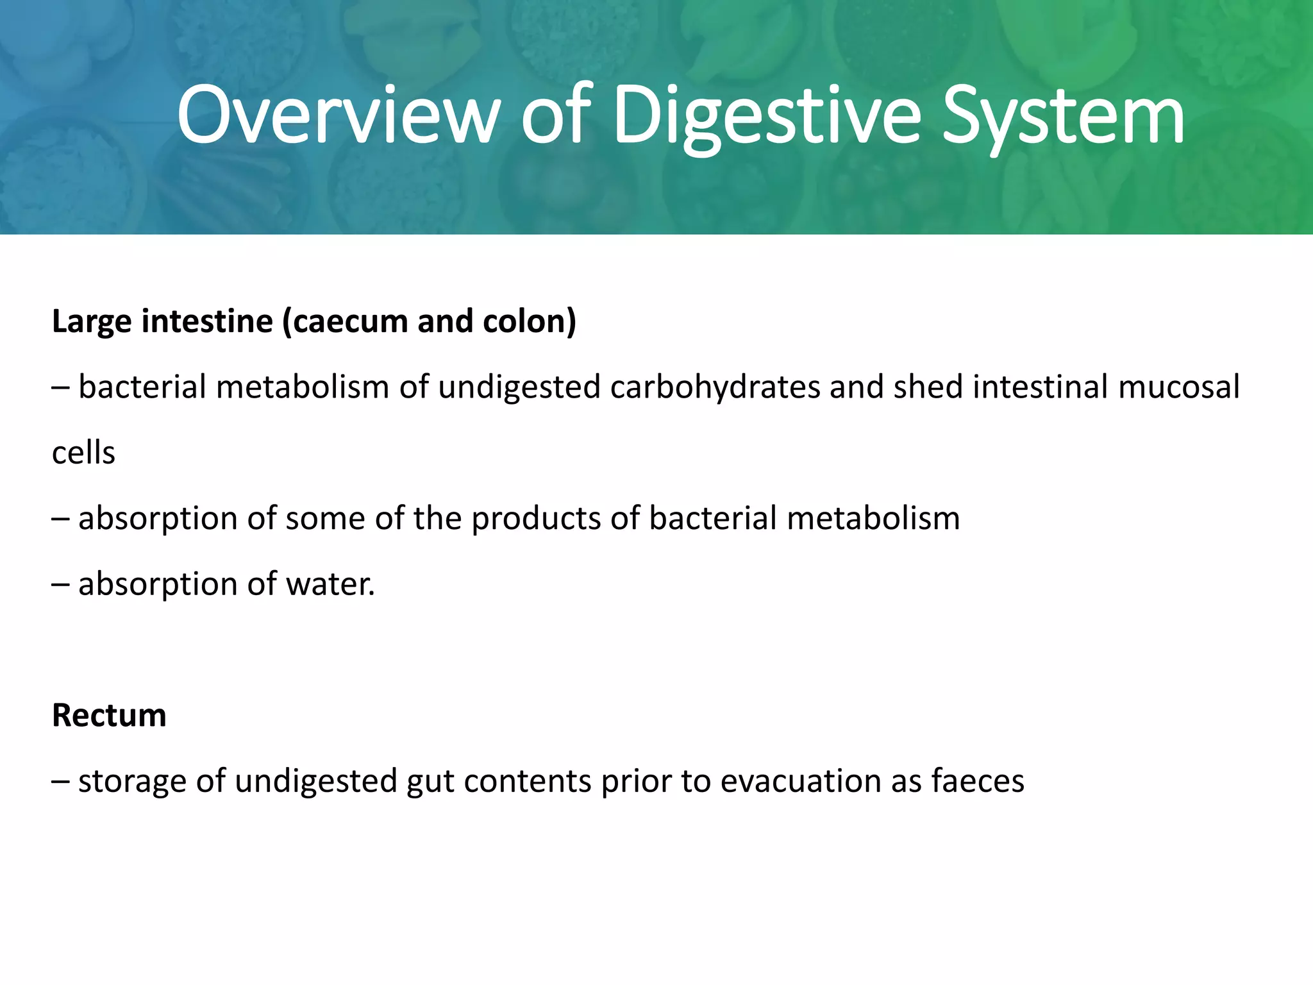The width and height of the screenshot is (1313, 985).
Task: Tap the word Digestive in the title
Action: tap(767, 117)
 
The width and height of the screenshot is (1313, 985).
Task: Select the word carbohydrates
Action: tap(715, 387)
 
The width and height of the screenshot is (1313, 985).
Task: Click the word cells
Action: tap(83, 453)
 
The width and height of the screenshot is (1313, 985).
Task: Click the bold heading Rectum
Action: tap(109, 715)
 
